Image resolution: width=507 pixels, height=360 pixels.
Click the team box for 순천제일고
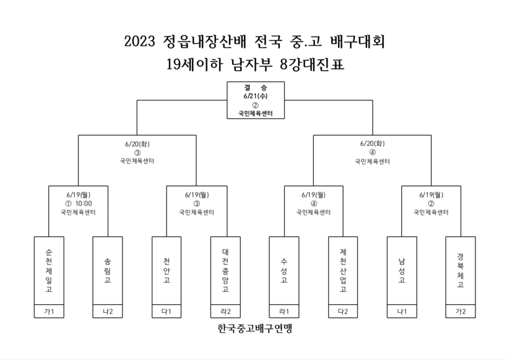coord(49,270)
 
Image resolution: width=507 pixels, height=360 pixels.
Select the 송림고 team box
coord(108,270)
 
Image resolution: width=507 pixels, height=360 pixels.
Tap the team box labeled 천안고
coord(167,270)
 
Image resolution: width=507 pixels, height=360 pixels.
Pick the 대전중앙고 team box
coord(225,270)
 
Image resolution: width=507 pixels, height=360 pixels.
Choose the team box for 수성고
coord(284,270)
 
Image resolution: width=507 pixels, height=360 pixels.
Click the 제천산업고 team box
coord(343,270)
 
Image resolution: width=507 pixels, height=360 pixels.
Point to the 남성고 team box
coord(402,270)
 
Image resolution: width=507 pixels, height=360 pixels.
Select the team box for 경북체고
coord(461,270)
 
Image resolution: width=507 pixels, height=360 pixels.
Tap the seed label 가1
coord(49,312)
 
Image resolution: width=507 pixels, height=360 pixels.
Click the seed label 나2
coord(108,312)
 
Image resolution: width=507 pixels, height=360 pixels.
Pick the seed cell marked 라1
coord(284,312)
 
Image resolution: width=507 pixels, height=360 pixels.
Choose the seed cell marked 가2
coord(461,312)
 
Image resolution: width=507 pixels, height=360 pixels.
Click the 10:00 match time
coord(84,204)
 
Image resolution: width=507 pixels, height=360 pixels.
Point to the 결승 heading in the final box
coord(256,87)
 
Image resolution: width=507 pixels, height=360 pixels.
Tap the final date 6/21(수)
coord(256,96)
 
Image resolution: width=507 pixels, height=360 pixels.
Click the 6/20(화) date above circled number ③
coord(137,144)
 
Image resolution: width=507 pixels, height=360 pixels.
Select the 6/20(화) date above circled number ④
coord(373,143)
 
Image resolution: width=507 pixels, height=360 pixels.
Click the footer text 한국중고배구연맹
coord(255,328)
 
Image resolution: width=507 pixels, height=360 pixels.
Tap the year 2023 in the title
coord(140,42)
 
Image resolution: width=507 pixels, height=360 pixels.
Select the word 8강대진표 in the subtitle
coord(312,64)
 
